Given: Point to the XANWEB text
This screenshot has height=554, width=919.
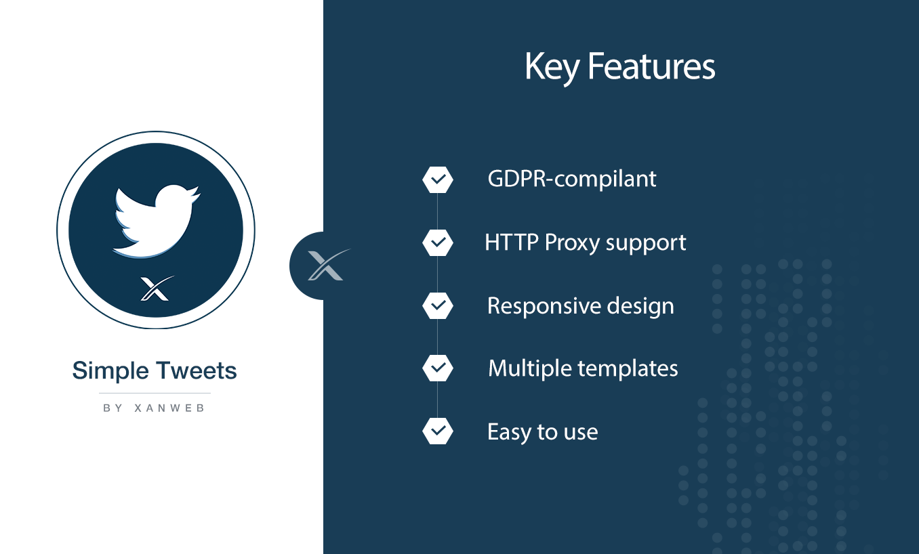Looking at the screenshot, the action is point(169,408).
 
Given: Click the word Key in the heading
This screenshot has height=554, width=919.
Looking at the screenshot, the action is point(552,68).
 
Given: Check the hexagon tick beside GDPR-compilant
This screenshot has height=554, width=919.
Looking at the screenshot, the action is point(438,179).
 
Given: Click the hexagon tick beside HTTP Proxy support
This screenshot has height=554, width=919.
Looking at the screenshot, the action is point(438,242).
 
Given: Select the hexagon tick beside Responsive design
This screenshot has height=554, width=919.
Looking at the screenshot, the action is point(438,305).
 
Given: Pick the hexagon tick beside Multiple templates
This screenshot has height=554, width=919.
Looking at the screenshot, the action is point(438,368).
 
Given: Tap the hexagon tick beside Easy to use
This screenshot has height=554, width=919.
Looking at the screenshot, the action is point(438,431).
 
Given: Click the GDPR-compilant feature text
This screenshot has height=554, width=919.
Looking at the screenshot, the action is point(572,179).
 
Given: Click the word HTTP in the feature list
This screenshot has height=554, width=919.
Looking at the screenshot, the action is point(512,242).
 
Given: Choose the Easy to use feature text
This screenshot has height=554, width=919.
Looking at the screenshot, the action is point(543,432).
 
